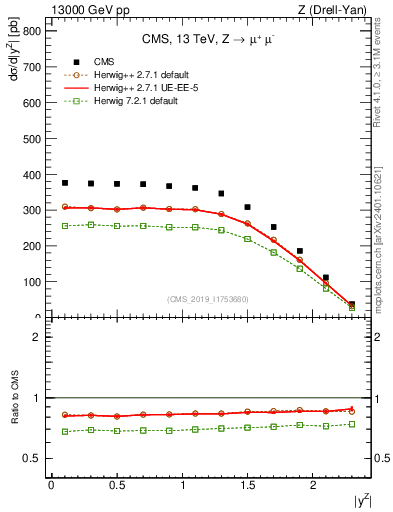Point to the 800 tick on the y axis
pos(31,31)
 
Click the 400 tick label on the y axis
pos(31,174)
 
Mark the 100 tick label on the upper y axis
pos(31,282)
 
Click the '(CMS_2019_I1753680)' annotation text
pos(208,299)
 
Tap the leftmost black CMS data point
pos(65,183)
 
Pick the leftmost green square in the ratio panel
pos(65,431)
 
